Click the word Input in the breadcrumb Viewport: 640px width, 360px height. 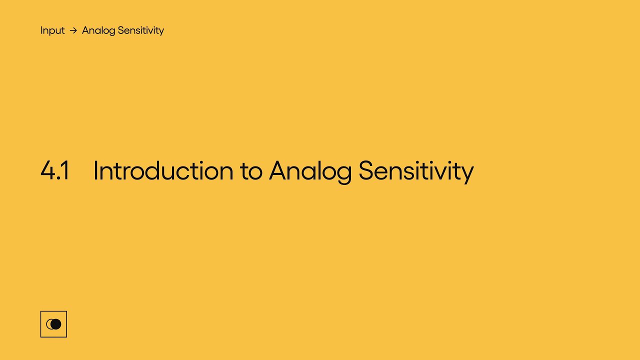52,30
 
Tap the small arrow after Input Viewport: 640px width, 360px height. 73,30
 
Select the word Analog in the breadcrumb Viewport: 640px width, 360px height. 98,31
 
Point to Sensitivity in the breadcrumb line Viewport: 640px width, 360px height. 141,31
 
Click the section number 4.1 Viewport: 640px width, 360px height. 54,170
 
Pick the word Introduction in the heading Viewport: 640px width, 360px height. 163,170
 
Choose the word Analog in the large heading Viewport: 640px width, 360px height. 310,172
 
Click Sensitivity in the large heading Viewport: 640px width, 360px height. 416,171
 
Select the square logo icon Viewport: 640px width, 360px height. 53,324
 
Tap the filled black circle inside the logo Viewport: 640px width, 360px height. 56,324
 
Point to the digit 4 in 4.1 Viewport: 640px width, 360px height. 47,170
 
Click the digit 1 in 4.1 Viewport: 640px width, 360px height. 65,170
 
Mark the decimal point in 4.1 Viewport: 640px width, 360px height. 58,178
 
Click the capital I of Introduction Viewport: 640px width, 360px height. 95,170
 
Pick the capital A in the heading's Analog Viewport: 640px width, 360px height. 277,170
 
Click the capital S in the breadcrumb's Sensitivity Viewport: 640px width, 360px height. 120,30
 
